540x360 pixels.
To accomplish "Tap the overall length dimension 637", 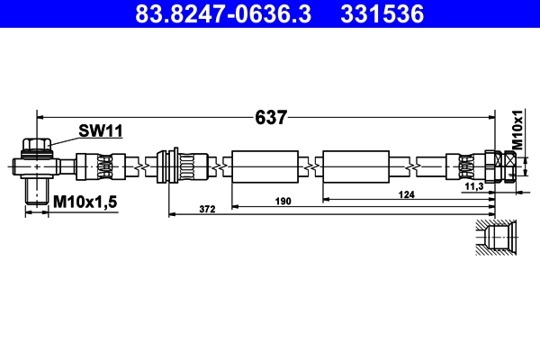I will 271,117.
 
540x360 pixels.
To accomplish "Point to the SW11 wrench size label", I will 100,131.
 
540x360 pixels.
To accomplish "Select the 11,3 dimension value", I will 474,186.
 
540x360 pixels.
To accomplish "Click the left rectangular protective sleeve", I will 264,166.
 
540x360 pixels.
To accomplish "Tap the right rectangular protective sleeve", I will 355,166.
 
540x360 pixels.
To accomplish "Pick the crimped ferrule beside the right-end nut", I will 467,166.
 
